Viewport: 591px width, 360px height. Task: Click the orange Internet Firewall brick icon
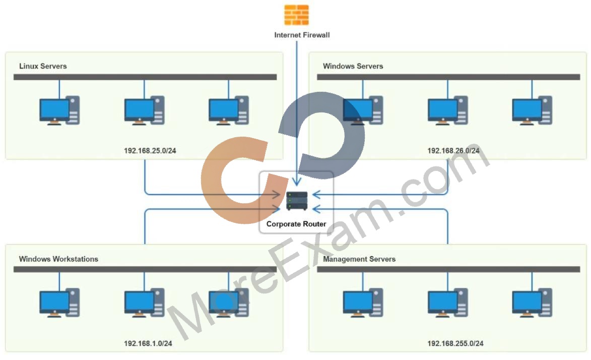pos(296,15)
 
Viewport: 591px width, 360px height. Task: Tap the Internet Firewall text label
pos(302,35)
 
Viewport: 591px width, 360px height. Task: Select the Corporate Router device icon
pos(297,201)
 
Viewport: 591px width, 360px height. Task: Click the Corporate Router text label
pos(296,224)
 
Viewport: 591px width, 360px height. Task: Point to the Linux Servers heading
pos(43,66)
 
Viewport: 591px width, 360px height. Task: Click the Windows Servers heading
pos(353,66)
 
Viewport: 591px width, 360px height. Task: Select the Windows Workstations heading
pos(58,259)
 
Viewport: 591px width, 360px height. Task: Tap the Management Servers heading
pos(359,259)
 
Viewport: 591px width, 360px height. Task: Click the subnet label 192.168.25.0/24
pos(150,151)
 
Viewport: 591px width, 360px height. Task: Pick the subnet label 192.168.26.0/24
pos(453,151)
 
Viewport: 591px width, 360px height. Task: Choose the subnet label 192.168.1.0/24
pos(148,343)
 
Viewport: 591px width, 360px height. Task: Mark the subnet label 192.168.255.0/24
pos(455,343)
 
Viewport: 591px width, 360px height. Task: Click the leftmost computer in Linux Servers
pos(59,110)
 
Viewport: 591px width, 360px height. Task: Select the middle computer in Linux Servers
pos(145,110)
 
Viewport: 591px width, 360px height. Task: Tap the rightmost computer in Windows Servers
pos(532,110)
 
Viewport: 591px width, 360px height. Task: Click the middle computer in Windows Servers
pos(448,110)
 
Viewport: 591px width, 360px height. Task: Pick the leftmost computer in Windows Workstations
pos(59,303)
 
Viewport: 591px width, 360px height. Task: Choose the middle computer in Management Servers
pos(448,303)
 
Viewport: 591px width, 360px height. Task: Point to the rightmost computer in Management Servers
pos(532,303)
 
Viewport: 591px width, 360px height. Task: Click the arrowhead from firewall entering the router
pos(297,182)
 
